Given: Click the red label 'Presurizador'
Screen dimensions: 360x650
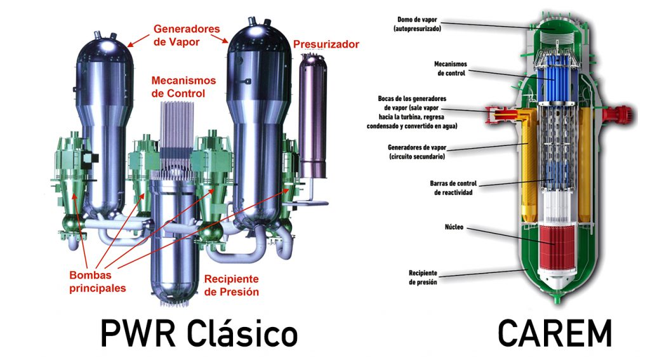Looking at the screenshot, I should click(x=326, y=44).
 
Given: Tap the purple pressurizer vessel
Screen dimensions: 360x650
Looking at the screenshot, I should click(x=310, y=114).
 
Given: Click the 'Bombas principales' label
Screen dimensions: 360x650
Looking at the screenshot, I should click(x=98, y=282).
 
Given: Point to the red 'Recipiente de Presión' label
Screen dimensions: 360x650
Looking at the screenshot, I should click(x=231, y=285).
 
